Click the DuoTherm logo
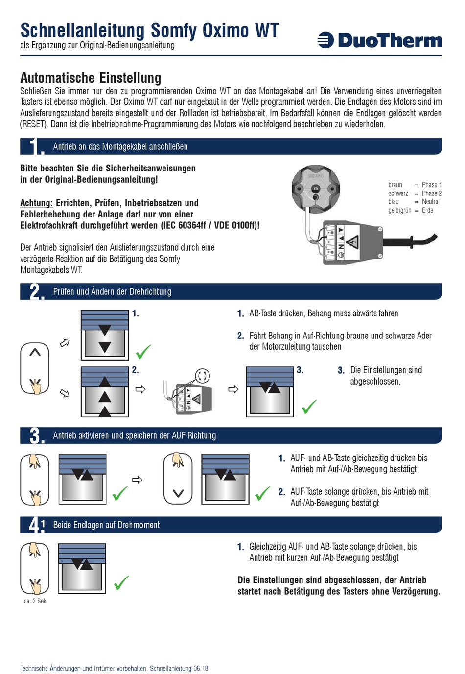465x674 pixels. tap(380, 40)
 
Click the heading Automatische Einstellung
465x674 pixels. tap(91, 78)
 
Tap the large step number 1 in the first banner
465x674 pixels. tap(34, 146)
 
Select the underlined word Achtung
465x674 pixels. tap(36, 203)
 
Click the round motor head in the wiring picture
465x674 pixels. tap(316, 188)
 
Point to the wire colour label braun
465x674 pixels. tap(395, 185)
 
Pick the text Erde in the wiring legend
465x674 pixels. tap(427, 210)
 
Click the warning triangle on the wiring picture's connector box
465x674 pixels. tap(352, 242)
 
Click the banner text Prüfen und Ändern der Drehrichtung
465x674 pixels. tap(112, 291)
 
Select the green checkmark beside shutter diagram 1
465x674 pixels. tap(143, 351)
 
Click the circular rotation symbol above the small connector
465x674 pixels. tap(203, 376)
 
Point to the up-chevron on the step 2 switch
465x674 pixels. tap(35, 352)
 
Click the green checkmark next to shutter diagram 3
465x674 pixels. tap(309, 407)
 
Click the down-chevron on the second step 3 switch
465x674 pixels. tap(178, 493)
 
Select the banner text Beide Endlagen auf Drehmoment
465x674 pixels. tap(106, 525)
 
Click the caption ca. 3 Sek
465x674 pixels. tap(35, 601)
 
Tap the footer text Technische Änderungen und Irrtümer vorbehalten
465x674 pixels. tap(84, 668)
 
